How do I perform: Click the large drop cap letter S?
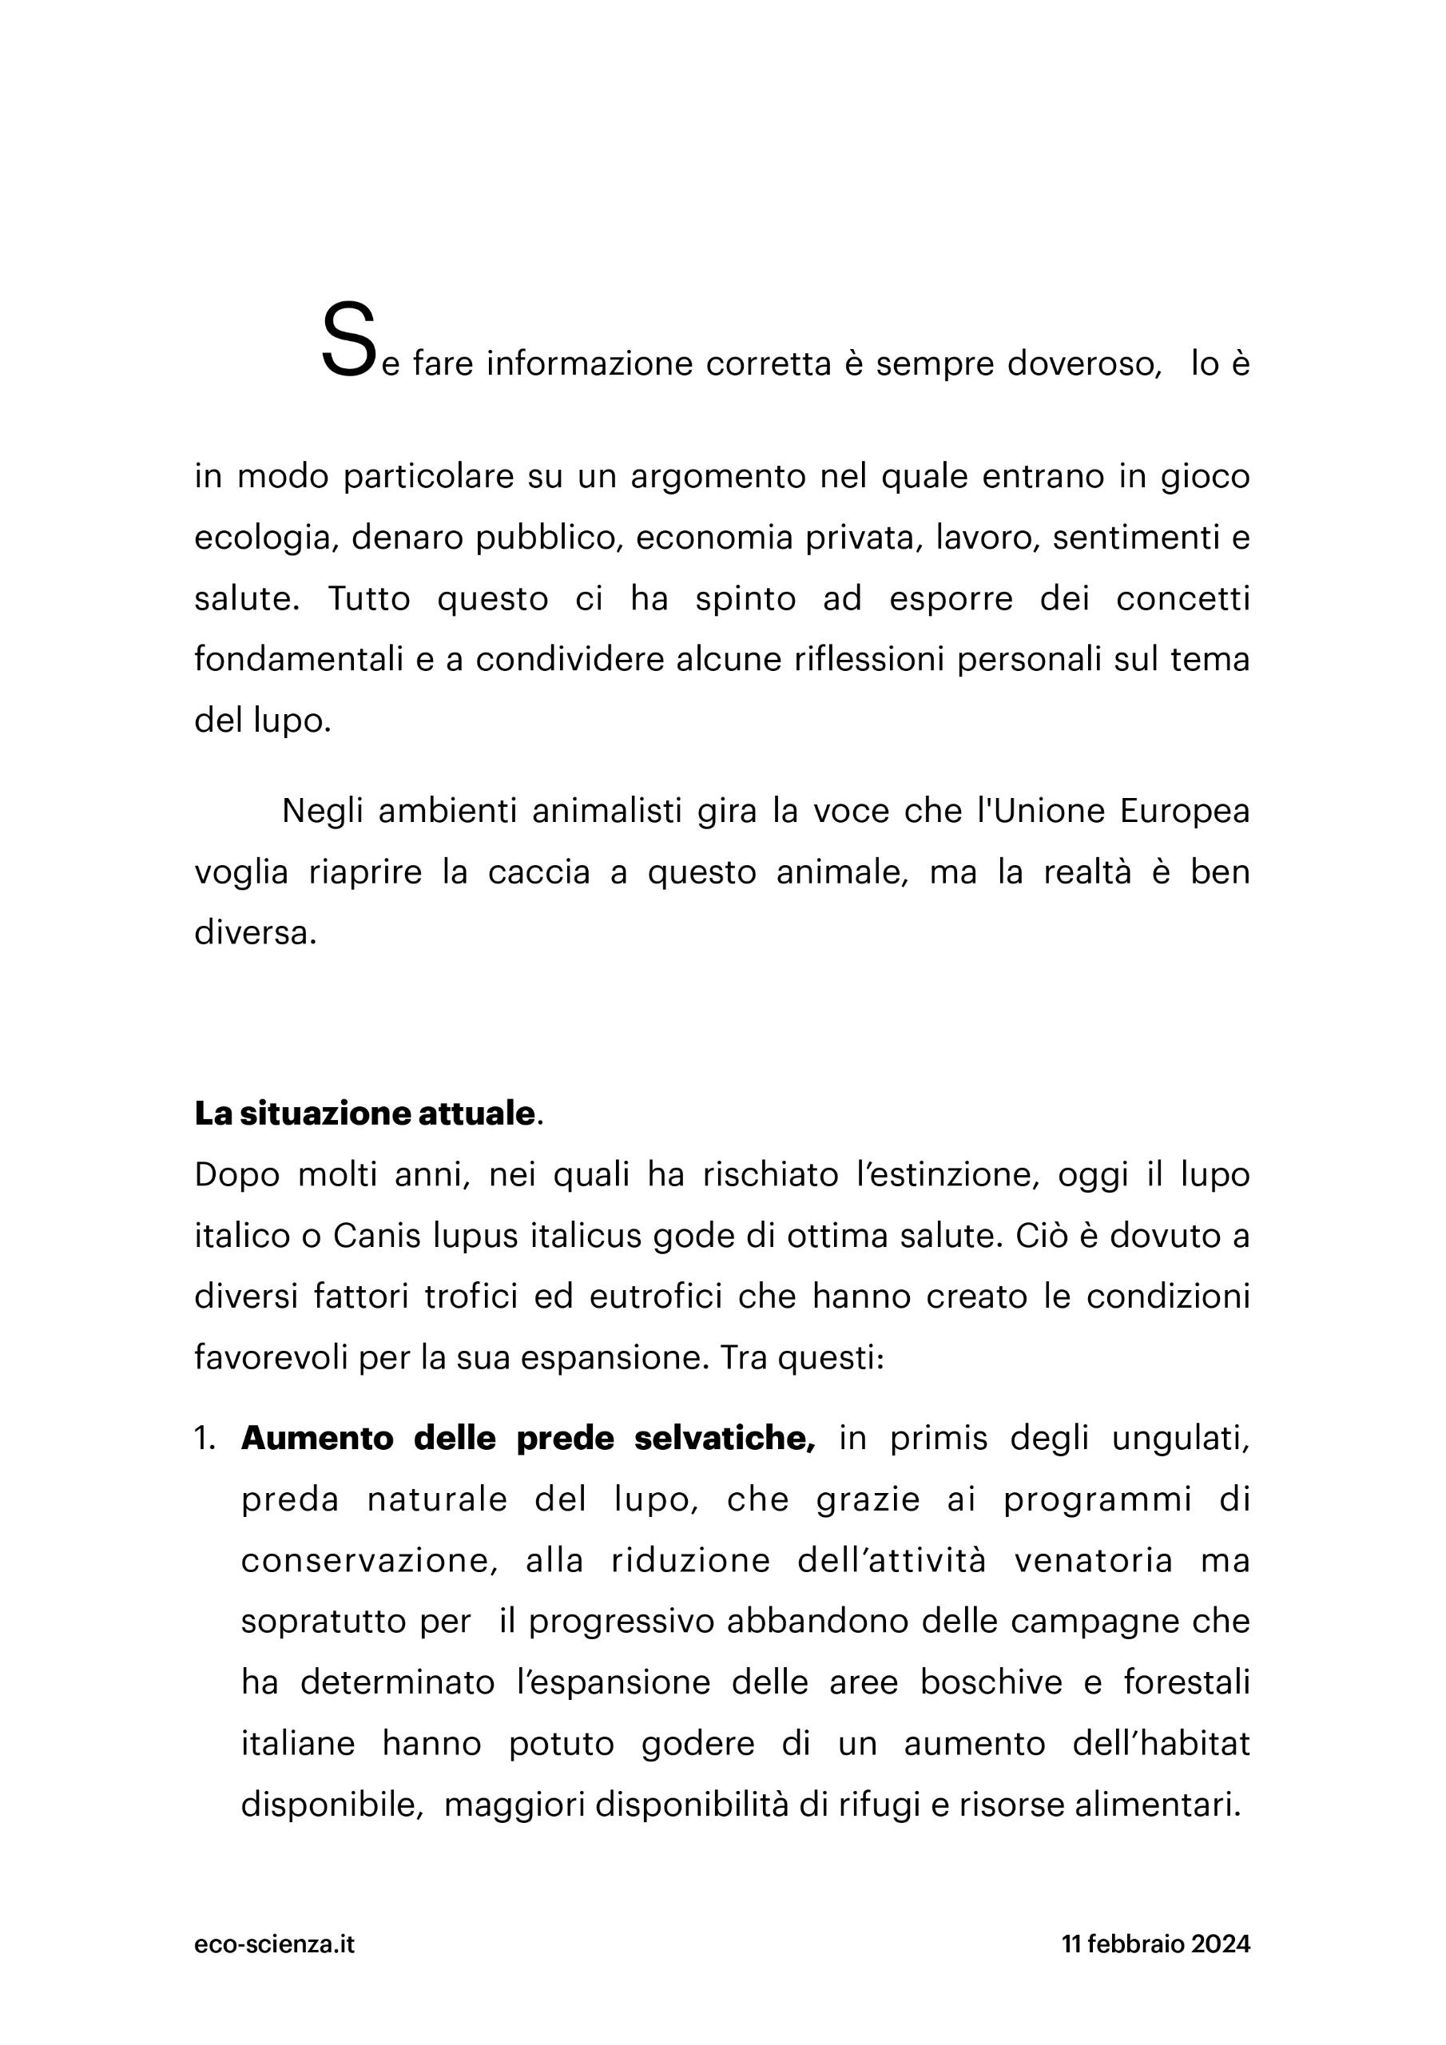point(347,340)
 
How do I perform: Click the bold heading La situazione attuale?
point(364,1114)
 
